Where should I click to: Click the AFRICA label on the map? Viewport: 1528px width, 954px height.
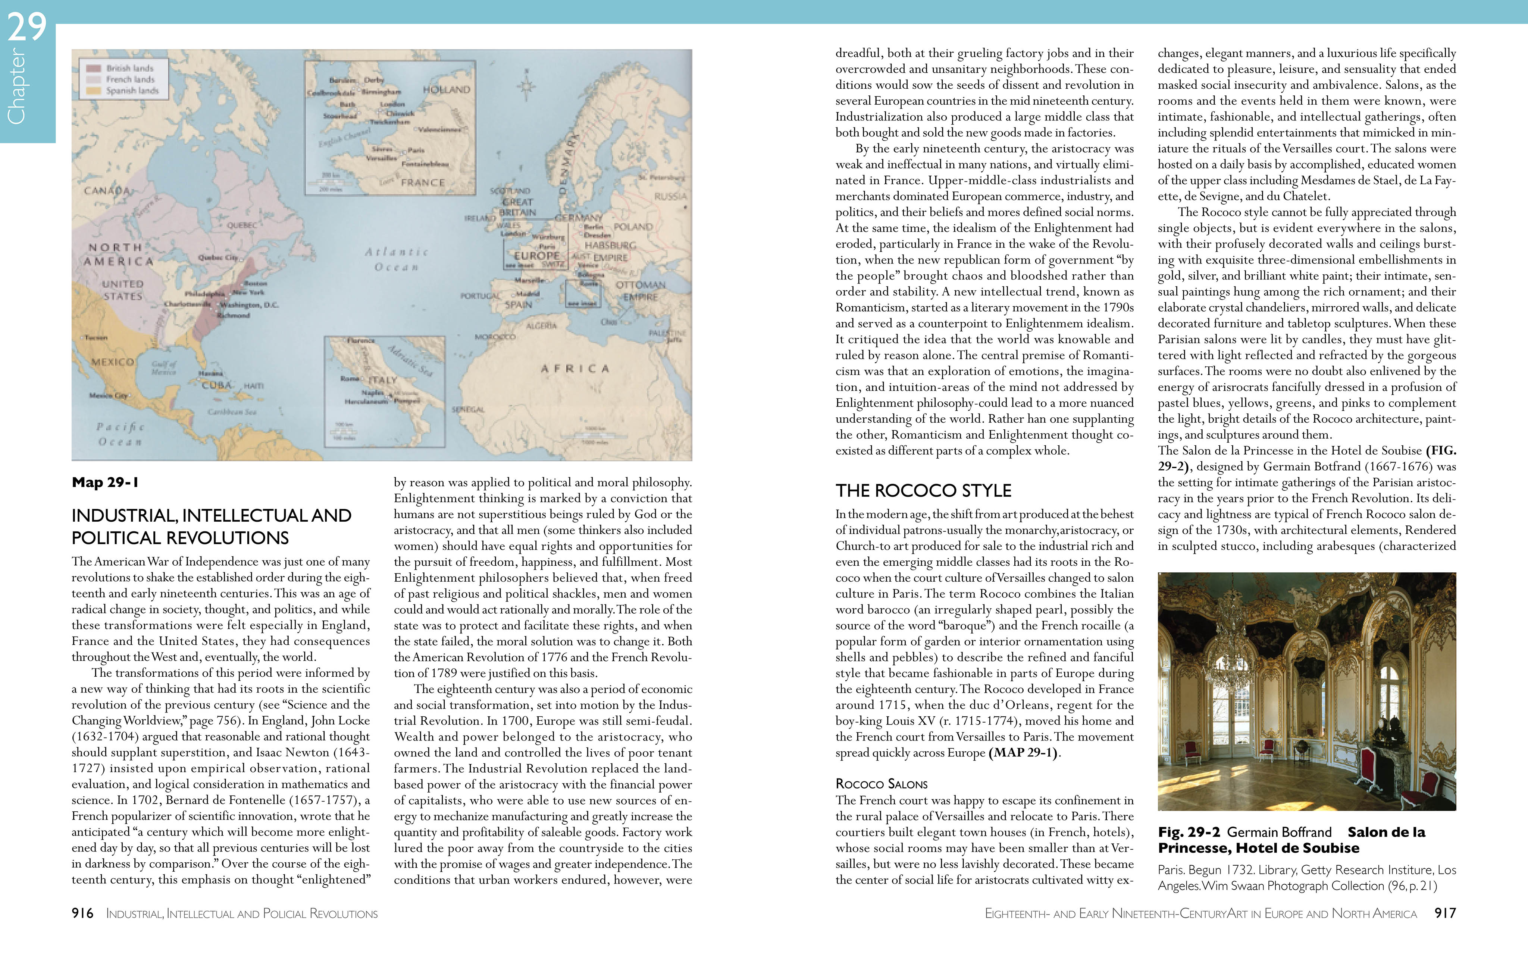pyautogui.click(x=574, y=369)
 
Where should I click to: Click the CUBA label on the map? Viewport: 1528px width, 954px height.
pyautogui.click(x=217, y=385)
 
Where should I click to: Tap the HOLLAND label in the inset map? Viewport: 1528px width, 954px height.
pyautogui.click(x=447, y=89)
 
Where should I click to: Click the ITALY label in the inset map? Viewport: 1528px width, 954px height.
pyautogui.click(x=383, y=380)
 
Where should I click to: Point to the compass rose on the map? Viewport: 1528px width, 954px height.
pyautogui.click(x=526, y=86)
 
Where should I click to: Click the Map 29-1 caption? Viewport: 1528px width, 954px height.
pyautogui.click(x=105, y=483)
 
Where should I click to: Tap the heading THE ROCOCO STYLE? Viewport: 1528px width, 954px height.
pyautogui.click(x=923, y=491)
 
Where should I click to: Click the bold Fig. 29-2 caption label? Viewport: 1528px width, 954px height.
pyautogui.click(x=1188, y=832)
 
